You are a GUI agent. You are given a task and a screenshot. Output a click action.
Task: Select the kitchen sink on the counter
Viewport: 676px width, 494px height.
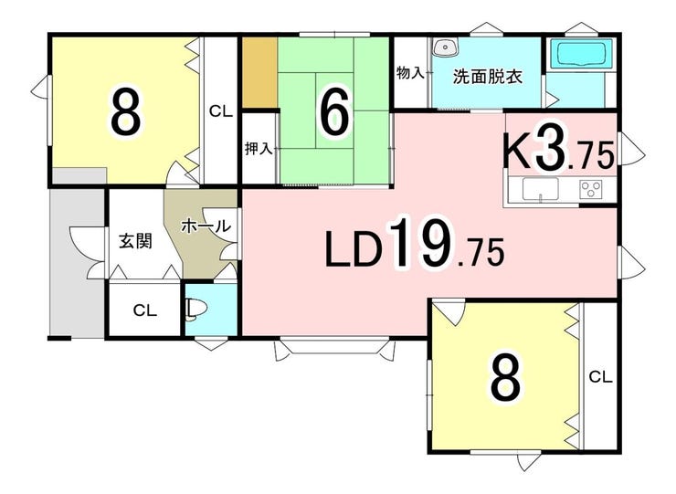coord(540,189)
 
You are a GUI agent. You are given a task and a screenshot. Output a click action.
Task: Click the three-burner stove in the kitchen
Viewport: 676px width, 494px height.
coord(591,189)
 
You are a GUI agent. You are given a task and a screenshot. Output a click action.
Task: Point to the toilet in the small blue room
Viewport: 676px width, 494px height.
coord(196,309)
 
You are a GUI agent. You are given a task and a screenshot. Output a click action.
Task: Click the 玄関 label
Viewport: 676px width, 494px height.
coord(136,241)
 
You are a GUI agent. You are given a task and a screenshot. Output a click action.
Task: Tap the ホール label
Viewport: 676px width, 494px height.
coord(206,226)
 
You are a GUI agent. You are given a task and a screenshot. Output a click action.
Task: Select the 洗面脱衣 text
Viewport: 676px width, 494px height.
coord(488,78)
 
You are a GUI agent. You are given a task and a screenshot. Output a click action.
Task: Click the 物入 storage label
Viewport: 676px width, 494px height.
coord(410,73)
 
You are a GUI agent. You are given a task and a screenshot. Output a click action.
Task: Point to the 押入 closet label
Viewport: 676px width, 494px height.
coord(259,149)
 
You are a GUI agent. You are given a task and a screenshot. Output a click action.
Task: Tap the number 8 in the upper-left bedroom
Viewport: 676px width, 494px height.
coord(125,111)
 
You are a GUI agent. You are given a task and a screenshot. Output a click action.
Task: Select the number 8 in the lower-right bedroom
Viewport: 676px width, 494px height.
coord(505,378)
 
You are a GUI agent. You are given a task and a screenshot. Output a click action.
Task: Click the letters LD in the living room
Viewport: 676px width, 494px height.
coord(354,249)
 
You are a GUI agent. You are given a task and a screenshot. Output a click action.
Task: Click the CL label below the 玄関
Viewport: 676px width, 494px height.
coord(145,310)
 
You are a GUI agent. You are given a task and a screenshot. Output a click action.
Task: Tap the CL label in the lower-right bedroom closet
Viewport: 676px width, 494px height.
coord(600,378)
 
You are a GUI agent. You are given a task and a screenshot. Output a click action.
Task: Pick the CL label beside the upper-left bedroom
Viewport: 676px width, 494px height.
coord(221,112)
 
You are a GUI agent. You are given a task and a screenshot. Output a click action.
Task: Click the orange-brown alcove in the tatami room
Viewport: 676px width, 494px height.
coord(259,72)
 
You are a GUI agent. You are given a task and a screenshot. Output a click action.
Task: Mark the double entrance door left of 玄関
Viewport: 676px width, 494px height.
coord(89,252)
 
